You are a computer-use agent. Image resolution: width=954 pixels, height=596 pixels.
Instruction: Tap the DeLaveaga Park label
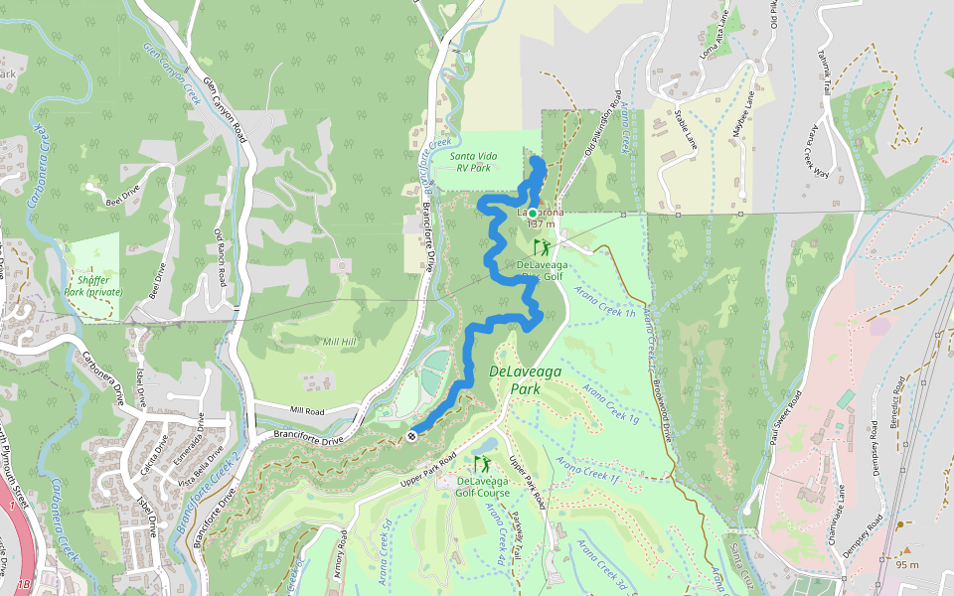point(526,379)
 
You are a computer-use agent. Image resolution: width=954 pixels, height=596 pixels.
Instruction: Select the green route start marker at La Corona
point(533,214)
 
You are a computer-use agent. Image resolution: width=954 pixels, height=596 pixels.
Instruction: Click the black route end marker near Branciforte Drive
point(411,435)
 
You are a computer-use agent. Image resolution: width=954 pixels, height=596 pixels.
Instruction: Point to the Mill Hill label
point(340,342)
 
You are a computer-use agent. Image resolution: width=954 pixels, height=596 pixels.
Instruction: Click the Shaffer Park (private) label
point(92,286)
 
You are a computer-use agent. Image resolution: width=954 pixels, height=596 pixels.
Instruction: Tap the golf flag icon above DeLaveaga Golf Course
point(482,464)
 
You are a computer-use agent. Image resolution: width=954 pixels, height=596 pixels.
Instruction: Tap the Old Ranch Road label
point(221,259)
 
